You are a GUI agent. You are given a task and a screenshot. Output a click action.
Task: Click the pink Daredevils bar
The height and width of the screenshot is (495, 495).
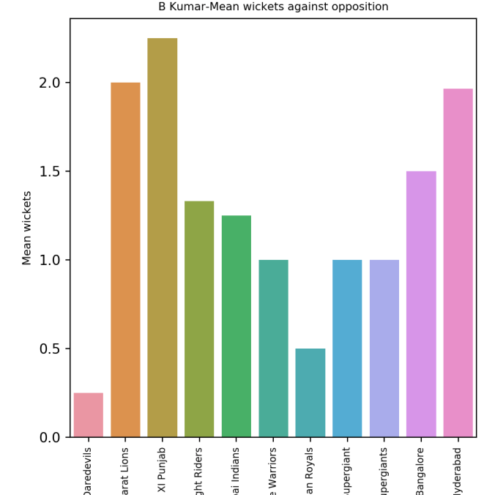point(89,415)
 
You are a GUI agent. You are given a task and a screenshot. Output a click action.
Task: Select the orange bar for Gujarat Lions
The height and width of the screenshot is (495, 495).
point(125,260)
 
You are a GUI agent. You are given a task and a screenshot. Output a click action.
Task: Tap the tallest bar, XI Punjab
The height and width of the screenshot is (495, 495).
point(162,238)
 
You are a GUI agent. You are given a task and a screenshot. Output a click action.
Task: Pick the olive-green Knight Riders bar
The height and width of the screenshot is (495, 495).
point(199,319)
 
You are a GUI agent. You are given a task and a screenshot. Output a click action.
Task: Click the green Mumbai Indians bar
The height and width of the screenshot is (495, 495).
point(236,327)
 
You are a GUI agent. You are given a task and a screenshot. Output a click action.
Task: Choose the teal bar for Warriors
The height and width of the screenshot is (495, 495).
point(273,349)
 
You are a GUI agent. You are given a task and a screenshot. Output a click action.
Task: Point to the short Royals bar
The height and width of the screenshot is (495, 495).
point(310,393)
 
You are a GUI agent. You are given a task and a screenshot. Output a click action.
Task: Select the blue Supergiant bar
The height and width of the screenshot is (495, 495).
point(347,349)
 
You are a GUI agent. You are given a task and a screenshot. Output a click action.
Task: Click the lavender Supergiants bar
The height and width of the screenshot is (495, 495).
point(384,349)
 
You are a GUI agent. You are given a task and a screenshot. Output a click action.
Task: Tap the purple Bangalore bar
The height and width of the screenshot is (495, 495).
point(421,305)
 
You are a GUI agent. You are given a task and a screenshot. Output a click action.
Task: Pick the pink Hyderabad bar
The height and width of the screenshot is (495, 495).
point(458,263)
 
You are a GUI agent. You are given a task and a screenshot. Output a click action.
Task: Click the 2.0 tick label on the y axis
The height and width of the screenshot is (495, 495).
point(49,83)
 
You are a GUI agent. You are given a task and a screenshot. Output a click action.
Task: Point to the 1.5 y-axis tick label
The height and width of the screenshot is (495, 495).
point(49,171)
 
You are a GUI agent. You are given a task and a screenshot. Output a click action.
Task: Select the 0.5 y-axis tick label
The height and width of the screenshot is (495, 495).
point(49,349)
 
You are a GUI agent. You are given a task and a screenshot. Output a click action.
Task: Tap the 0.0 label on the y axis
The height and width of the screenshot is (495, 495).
point(49,437)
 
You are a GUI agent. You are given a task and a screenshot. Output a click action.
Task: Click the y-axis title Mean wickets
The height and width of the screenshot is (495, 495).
point(27,228)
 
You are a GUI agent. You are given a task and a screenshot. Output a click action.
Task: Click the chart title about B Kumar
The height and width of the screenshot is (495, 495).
point(273,7)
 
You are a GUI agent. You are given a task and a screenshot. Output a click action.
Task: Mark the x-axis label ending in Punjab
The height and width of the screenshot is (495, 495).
point(163,469)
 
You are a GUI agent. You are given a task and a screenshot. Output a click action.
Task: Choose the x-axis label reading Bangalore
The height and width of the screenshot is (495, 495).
point(421,469)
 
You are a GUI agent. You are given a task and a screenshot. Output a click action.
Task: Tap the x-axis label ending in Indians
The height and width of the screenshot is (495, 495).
point(236,469)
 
